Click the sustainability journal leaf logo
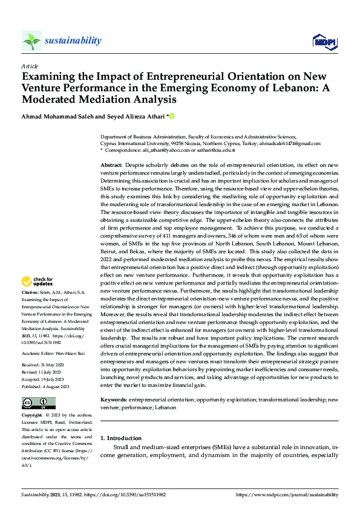[x=31, y=41]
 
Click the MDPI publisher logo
[x=325, y=41]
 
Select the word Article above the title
[x=29, y=66]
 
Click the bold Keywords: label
[x=113, y=400]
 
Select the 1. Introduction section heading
[x=121, y=438]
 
